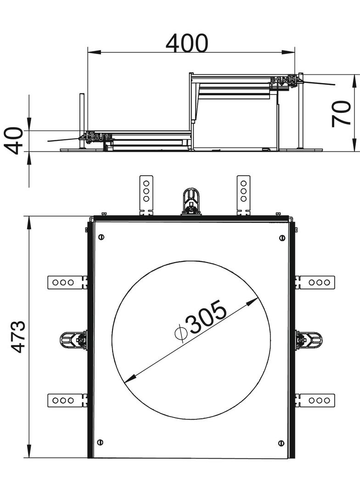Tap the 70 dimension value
(341, 113)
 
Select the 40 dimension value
(15, 140)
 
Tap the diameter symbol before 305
(180, 333)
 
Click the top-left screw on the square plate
(101, 237)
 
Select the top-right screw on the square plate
(281, 238)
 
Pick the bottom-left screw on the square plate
(100, 442)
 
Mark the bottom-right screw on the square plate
(281, 443)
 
